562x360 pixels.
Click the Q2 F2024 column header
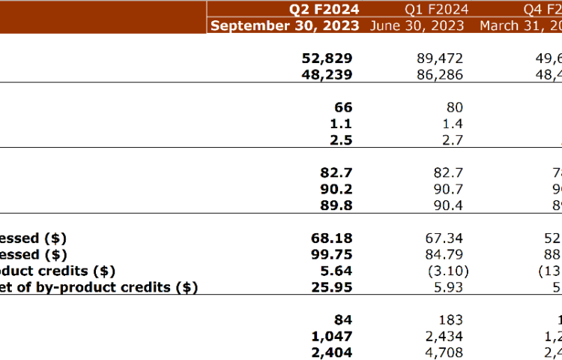(x=324, y=9)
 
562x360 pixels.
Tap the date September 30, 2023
(x=286, y=25)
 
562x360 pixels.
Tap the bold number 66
(x=342, y=107)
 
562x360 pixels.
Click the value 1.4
(x=453, y=124)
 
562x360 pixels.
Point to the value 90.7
(x=449, y=189)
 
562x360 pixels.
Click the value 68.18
(x=333, y=238)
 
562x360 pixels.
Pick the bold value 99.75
(x=333, y=254)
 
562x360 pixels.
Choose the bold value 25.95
(x=333, y=287)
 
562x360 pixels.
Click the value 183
(x=450, y=320)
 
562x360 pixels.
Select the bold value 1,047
(x=330, y=336)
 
